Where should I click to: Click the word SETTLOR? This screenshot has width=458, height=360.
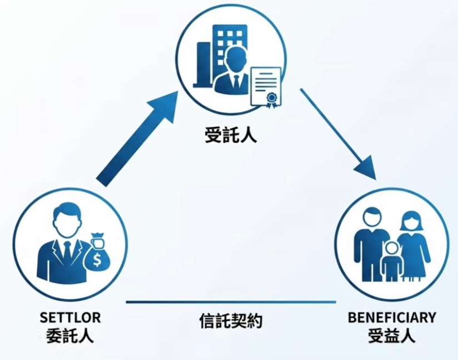(x=71, y=318)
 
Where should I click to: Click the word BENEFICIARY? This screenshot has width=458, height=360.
(x=392, y=318)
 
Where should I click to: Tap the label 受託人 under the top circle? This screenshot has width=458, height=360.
(x=231, y=135)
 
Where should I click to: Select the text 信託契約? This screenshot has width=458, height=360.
(x=231, y=321)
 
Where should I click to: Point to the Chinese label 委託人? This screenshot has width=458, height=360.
(x=70, y=336)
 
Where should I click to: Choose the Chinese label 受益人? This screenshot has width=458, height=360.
(x=392, y=336)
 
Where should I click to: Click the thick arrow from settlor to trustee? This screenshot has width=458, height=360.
(x=137, y=139)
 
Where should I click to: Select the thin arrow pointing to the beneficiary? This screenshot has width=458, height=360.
(x=338, y=134)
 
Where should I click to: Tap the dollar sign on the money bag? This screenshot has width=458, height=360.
(x=97, y=260)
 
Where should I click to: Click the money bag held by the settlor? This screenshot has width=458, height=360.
(x=97, y=253)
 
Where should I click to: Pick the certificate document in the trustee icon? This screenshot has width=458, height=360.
(x=266, y=87)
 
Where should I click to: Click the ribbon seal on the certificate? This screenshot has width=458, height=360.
(x=272, y=100)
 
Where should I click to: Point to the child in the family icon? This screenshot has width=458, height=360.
(x=391, y=261)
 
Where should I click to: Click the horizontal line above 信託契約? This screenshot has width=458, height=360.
(x=231, y=302)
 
